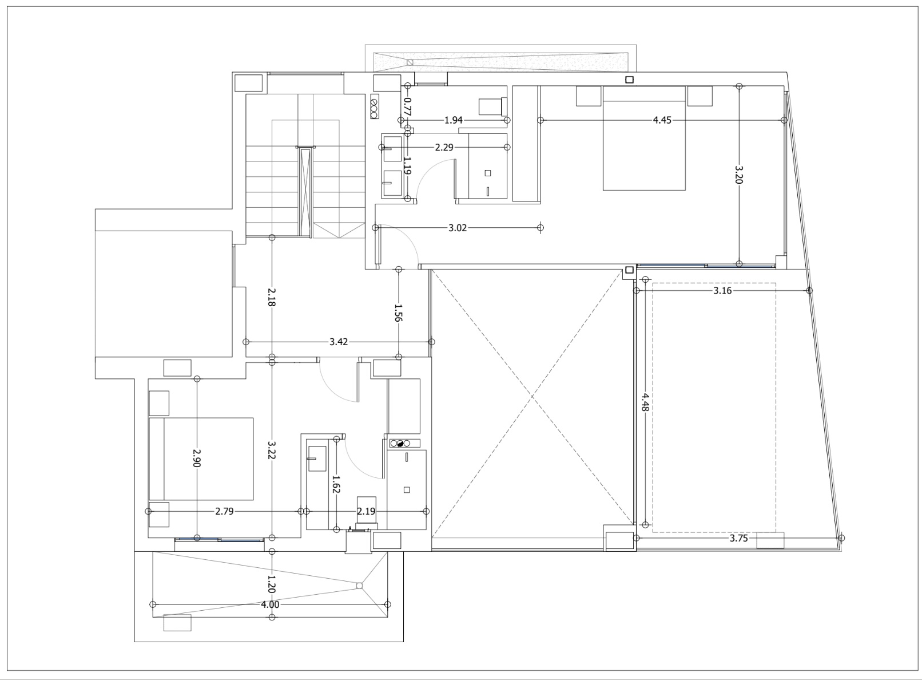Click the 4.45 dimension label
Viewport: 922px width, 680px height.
coord(662,120)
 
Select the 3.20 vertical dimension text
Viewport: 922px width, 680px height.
coord(738,175)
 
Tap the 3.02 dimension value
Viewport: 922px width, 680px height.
coord(458,228)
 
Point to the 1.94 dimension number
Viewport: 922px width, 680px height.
coord(453,120)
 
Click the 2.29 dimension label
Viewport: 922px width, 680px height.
coord(444,148)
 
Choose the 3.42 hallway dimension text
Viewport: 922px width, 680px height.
coord(339,342)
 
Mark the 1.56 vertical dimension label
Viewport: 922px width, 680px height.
coord(398,313)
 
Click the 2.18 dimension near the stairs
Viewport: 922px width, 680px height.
coord(272,296)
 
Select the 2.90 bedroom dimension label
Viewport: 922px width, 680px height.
coord(197,458)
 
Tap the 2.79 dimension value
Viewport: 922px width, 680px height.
coord(224,511)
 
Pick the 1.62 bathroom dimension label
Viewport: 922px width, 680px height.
coord(336,484)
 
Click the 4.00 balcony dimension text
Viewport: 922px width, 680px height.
coord(270,604)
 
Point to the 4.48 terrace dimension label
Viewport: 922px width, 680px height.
coord(645,402)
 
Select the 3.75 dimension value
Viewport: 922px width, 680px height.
coord(738,538)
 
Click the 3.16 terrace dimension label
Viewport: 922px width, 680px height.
coord(722,291)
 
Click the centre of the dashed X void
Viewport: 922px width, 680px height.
coord(533,396)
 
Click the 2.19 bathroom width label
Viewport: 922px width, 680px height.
coord(366,511)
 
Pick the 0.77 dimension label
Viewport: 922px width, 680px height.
coord(407,106)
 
